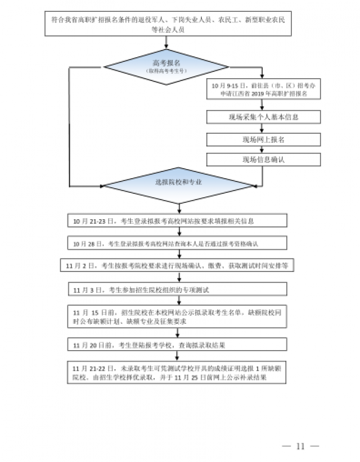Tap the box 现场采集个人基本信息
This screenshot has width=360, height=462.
263,117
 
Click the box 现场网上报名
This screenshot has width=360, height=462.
263,139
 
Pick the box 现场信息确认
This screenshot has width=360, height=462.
263,160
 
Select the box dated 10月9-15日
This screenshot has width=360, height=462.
263,90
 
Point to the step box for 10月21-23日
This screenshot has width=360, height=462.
177,221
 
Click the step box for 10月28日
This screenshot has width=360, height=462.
177,243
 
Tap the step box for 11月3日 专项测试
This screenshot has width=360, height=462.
177,289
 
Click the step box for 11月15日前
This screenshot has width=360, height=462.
177,317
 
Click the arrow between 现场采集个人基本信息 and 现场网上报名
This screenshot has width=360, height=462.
263,128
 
